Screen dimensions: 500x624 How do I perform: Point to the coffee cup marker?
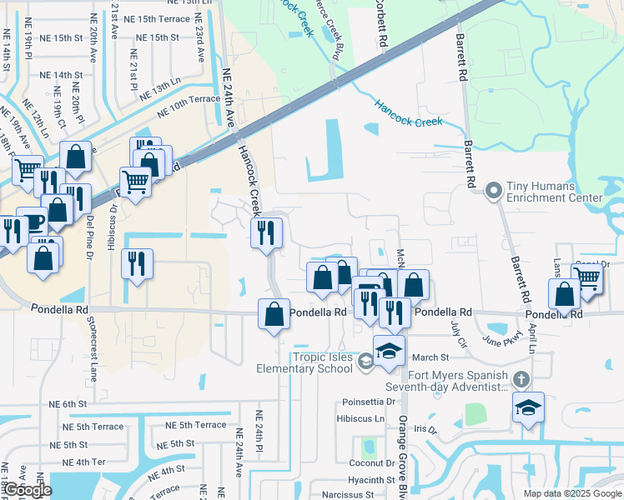tap(33, 222)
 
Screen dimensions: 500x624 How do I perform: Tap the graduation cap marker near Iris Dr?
tap(528, 408)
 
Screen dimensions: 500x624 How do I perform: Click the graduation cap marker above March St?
tap(389, 351)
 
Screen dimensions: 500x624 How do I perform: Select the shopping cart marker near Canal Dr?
tap(587, 279)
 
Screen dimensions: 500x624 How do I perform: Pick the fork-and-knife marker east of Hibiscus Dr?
tap(138, 264)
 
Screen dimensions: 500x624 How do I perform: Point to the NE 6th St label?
tap(68, 404)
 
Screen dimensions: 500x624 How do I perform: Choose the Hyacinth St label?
tap(371, 480)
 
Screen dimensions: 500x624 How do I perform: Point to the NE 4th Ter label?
tap(89, 462)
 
